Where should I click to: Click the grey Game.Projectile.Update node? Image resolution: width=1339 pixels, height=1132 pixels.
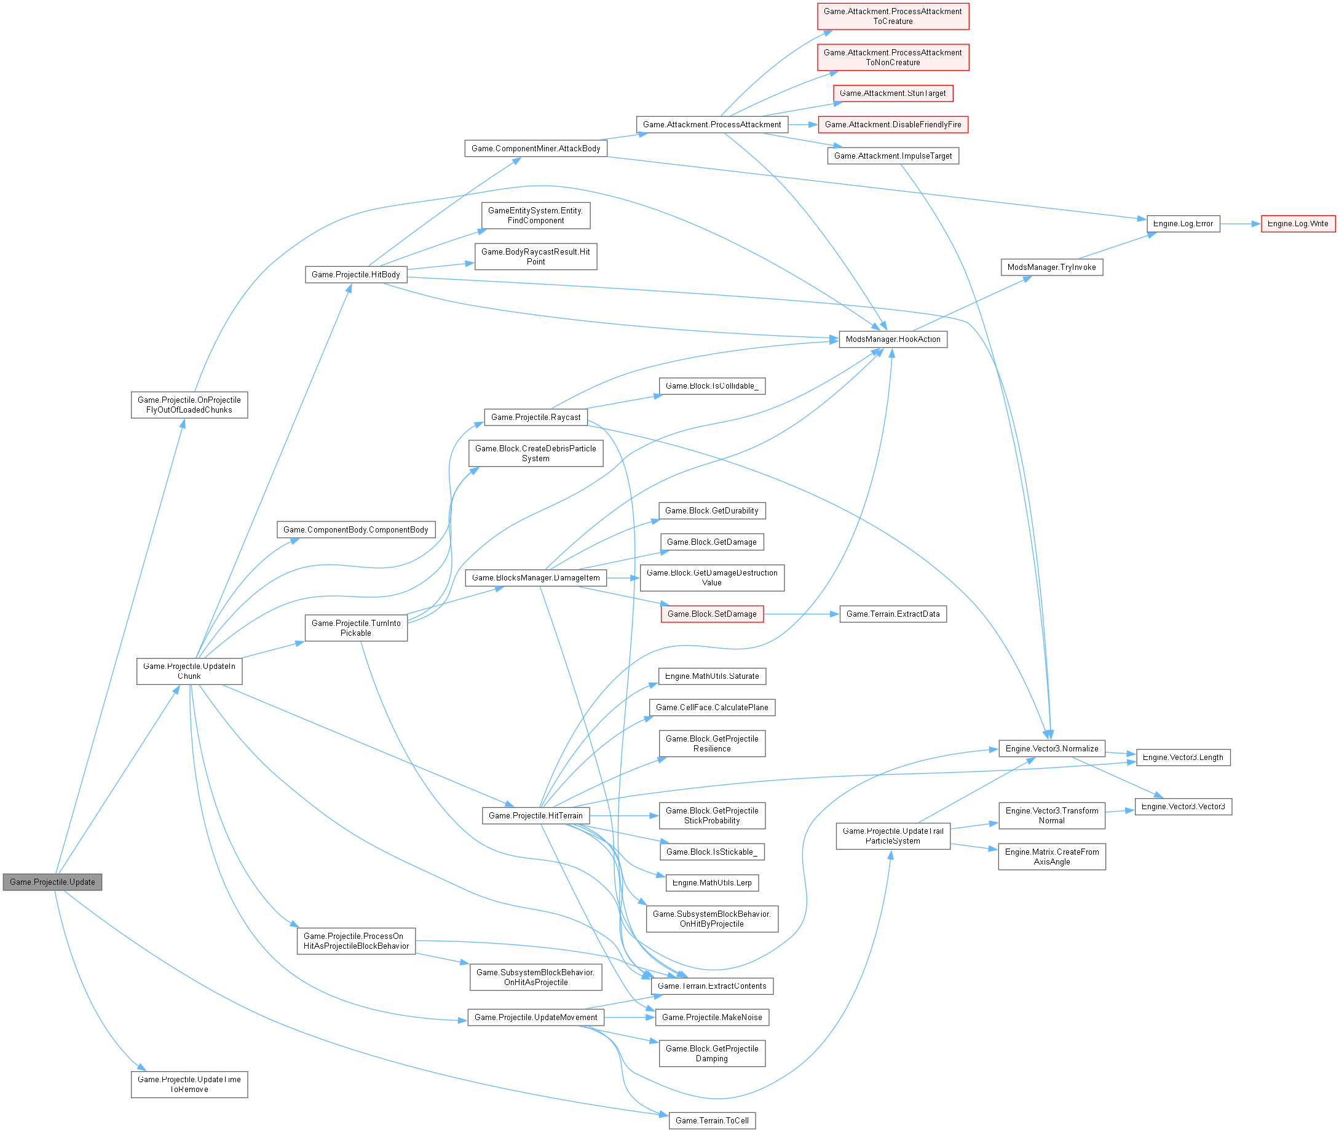[x=52, y=882]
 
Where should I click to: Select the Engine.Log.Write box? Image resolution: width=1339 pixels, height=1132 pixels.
[x=1297, y=223]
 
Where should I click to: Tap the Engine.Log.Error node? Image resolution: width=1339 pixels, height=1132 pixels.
[x=1182, y=223]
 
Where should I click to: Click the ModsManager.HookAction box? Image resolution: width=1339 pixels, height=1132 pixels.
[x=893, y=339]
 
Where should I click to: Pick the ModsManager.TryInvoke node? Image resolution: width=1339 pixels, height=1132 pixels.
[x=1051, y=267]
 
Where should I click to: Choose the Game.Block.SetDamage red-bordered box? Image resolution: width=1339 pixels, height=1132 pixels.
[x=711, y=614]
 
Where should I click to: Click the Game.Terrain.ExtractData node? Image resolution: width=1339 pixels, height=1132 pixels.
[x=893, y=614]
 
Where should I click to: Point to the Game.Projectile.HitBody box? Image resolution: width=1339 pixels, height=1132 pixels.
[x=355, y=274]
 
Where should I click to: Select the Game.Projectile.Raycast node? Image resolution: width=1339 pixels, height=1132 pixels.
[x=535, y=416]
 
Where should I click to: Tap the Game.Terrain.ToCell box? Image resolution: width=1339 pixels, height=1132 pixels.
[x=711, y=1120]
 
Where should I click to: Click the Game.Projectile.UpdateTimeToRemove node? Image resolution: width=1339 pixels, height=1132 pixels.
[x=189, y=1084]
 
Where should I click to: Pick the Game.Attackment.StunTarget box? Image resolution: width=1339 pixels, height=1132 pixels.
[x=893, y=93]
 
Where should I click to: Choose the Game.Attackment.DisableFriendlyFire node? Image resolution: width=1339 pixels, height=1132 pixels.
[x=893, y=124]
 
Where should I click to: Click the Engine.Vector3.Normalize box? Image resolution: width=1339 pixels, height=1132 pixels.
[x=1051, y=748]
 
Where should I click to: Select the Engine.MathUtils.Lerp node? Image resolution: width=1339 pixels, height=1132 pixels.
[x=711, y=882]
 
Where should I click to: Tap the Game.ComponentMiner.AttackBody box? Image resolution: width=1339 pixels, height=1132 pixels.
[x=535, y=148]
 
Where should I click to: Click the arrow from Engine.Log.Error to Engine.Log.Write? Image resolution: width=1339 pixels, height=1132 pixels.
[x=1239, y=223]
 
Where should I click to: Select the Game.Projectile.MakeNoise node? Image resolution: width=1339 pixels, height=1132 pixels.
[x=711, y=1017]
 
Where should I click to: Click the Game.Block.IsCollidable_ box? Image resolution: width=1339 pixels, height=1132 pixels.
[x=711, y=386]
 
